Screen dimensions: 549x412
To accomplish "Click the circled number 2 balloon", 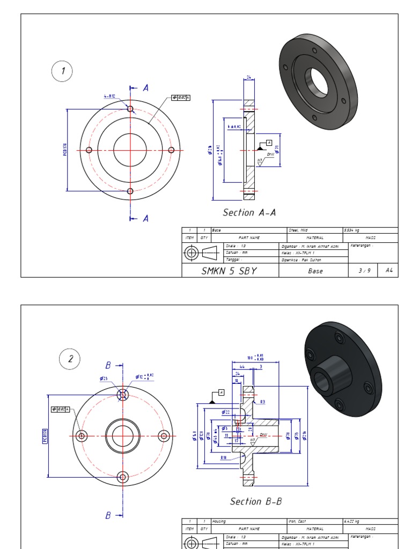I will [x=70, y=359].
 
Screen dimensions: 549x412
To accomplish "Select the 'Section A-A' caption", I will [x=249, y=212].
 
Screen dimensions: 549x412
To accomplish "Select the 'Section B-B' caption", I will [x=256, y=501].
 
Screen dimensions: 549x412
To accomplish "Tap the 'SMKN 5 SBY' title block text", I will [x=229, y=271].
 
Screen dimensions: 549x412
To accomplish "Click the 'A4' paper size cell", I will [x=388, y=271].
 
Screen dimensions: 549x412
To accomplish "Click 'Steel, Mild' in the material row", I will [x=301, y=230].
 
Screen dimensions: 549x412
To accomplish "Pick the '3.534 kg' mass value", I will [x=354, y=230].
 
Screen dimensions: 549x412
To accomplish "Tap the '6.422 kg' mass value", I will [x=354, y=521].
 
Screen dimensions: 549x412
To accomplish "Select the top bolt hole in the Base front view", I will [x=130, y=109].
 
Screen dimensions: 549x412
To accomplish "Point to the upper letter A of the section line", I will [x=145, y=87].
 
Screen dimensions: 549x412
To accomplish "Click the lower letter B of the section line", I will [x=108, y=515].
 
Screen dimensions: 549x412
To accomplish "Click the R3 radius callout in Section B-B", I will [x=263, y=402].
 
